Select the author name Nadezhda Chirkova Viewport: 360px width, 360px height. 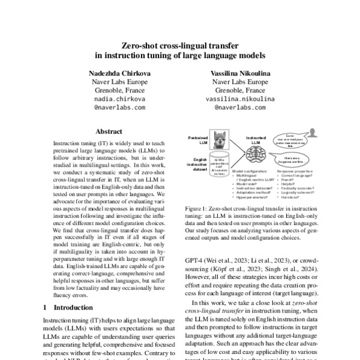point(120,73)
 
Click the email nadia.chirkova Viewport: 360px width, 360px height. point(120,100)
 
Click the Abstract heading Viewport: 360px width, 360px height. point(109,131)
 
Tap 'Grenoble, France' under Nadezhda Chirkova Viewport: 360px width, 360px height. point(120,91)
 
